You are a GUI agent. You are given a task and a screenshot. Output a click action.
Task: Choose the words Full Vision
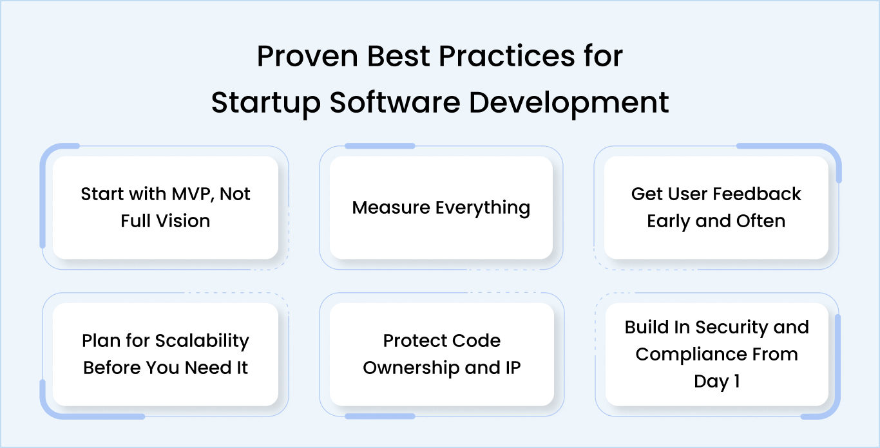(x=166, y=221)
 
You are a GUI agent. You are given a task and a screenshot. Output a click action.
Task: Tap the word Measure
(x=391, y=207)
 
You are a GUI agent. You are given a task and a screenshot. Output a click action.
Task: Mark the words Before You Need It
(x=166, y=368)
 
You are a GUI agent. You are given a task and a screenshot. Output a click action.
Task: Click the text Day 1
(x=716, y=381)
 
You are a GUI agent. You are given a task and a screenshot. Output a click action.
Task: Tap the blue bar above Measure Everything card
(x=379, y=146)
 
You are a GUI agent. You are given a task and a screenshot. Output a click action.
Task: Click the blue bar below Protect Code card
(x=379, y=416)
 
